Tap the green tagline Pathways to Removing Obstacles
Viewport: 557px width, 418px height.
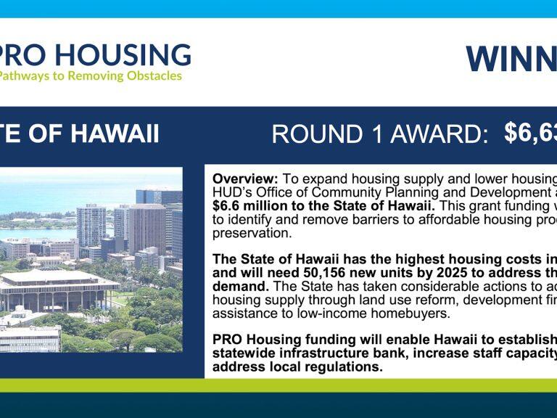(x=90, y=76)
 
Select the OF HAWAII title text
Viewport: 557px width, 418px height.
(x=80, y=134)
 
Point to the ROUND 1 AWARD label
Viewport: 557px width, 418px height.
(x=379, y=134)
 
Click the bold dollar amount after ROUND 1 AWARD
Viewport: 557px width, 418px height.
(x=530, y=133)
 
